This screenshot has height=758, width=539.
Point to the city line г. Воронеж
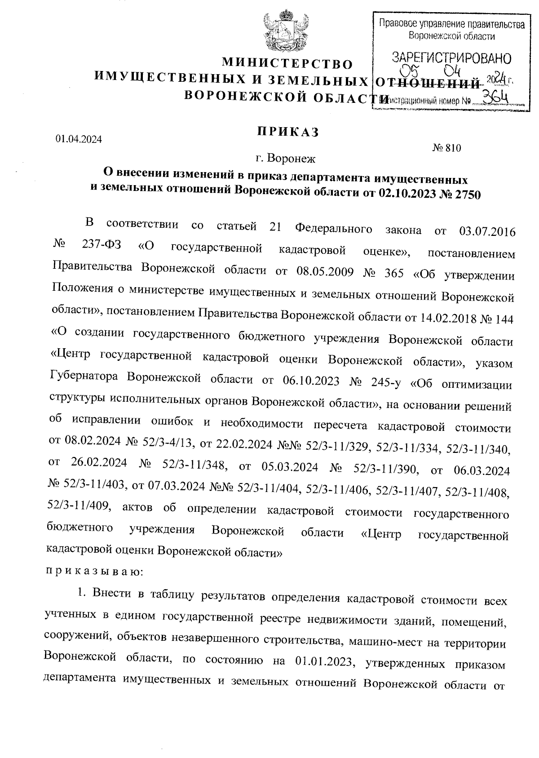[x=286, y=158]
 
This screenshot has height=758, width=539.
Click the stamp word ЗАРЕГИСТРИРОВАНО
[x=451, y=58]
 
